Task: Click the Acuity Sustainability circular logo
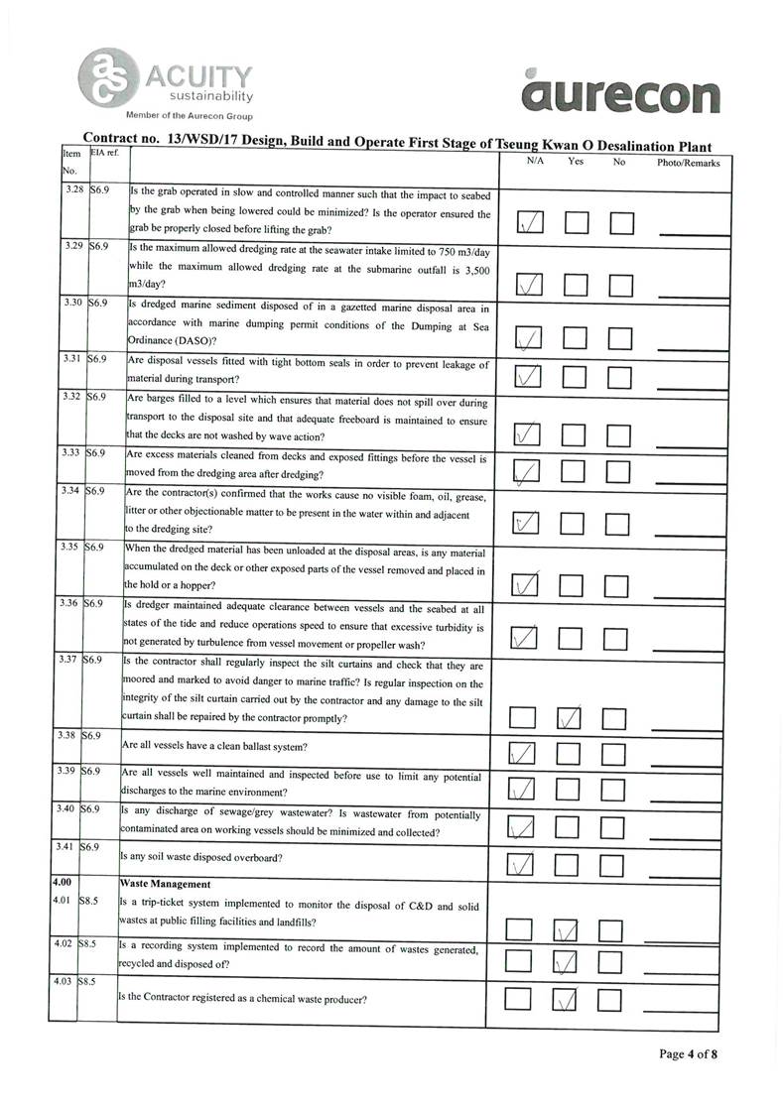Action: point(108,74)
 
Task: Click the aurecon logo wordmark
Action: point(620,96)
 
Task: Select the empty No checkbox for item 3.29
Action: point(622,286)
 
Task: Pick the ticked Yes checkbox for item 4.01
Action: point(565,929)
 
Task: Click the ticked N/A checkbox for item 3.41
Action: point(521,865)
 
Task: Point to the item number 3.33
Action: point(70,453)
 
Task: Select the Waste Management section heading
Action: point(165,883)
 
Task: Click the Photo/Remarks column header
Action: point(688,162)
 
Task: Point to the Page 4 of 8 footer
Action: point(689,1053)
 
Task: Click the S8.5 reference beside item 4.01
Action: point(93,901)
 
